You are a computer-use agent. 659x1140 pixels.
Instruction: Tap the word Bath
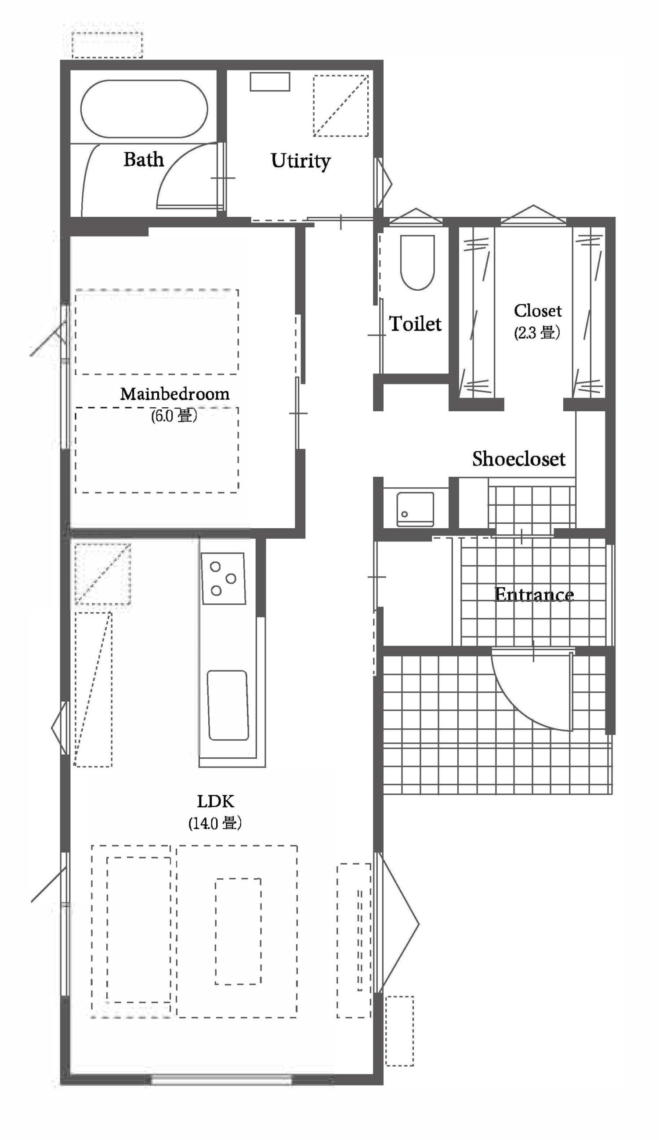(x=143, y=159)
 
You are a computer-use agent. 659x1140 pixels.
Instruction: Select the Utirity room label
(x=301, y=161)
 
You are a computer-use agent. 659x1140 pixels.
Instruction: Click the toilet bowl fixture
(x=417, y=262)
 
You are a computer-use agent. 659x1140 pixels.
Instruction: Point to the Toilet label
(x=415, y=324)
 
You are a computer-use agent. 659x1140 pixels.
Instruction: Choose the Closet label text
(x=537, y=311)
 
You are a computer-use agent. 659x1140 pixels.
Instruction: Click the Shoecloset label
(x=518, y=459)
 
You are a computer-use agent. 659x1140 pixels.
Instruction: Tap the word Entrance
(x=534, y=594)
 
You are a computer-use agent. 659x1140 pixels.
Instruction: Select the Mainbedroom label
(x=174, y=394)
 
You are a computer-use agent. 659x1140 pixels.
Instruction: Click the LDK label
(x=215, y=801)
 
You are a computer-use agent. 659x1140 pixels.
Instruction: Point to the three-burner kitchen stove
(x=223, y=578)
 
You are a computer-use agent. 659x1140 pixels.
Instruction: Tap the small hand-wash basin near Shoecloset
(x=415, y=509)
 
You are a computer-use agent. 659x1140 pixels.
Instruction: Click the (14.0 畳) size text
(x=215, y=822)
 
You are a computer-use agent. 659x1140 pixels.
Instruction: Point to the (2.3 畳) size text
(x=537, y=332)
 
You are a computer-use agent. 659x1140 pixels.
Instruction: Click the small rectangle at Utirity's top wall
(x=270, y=81)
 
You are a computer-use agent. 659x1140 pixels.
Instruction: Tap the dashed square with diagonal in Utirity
(x=341, y=106)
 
